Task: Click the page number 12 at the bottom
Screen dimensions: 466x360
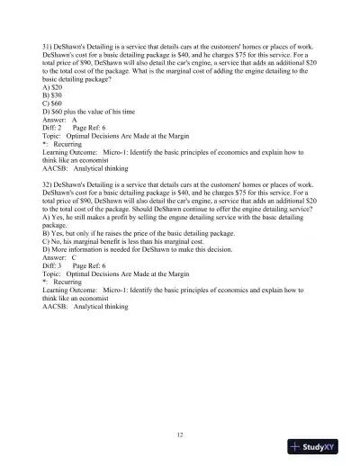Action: coord(180,435)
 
